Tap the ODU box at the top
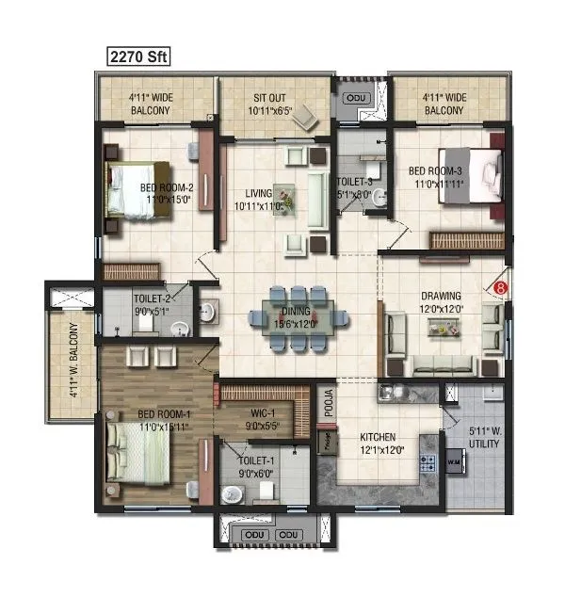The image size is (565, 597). [x=356, y=97]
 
